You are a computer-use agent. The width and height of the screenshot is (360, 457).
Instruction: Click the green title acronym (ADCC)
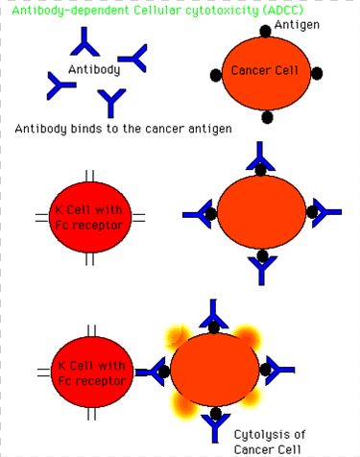point(282,11)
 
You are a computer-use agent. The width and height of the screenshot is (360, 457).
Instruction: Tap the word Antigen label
point(297,25)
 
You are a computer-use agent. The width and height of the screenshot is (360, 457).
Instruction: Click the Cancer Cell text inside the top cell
point(265,70)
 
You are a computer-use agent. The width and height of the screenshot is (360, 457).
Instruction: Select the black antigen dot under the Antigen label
point(265,32)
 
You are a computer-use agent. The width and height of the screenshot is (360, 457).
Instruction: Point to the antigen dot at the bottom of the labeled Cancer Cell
point(267,117)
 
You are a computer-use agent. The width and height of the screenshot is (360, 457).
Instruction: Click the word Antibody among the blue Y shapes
point(94,69)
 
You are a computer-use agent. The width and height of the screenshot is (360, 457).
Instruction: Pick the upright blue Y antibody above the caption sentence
point(111,103)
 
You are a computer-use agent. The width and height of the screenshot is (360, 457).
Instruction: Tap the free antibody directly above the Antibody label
point(84,43)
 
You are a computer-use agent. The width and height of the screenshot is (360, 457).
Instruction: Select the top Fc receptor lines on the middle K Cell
point(90,176)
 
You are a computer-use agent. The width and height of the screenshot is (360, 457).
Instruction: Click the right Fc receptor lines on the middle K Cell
point(138,218)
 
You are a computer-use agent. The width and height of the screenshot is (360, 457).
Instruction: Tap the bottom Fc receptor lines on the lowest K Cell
point(91,413)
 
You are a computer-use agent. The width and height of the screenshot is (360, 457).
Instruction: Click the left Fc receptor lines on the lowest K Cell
point(44,373)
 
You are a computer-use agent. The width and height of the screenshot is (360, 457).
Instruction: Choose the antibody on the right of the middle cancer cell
point(326,212)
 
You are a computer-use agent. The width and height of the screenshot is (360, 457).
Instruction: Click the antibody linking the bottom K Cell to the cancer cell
point(152,372)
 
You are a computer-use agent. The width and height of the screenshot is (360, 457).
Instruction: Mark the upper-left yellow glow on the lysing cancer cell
point(178,337)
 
